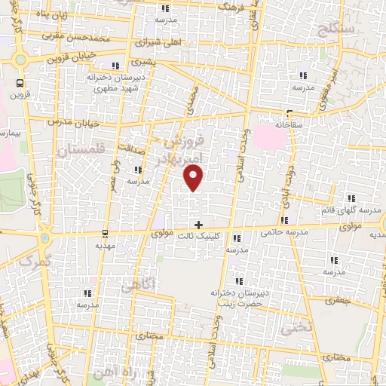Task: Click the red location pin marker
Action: tap(194, 177)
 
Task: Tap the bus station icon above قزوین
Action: tap(19, 84)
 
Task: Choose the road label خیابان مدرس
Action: tap(69, 121)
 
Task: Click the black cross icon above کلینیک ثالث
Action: tap(198, 224)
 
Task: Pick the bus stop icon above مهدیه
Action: tap(105, 233)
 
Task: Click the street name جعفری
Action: tap(339, 300)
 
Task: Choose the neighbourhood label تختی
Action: tap(295, 329)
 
